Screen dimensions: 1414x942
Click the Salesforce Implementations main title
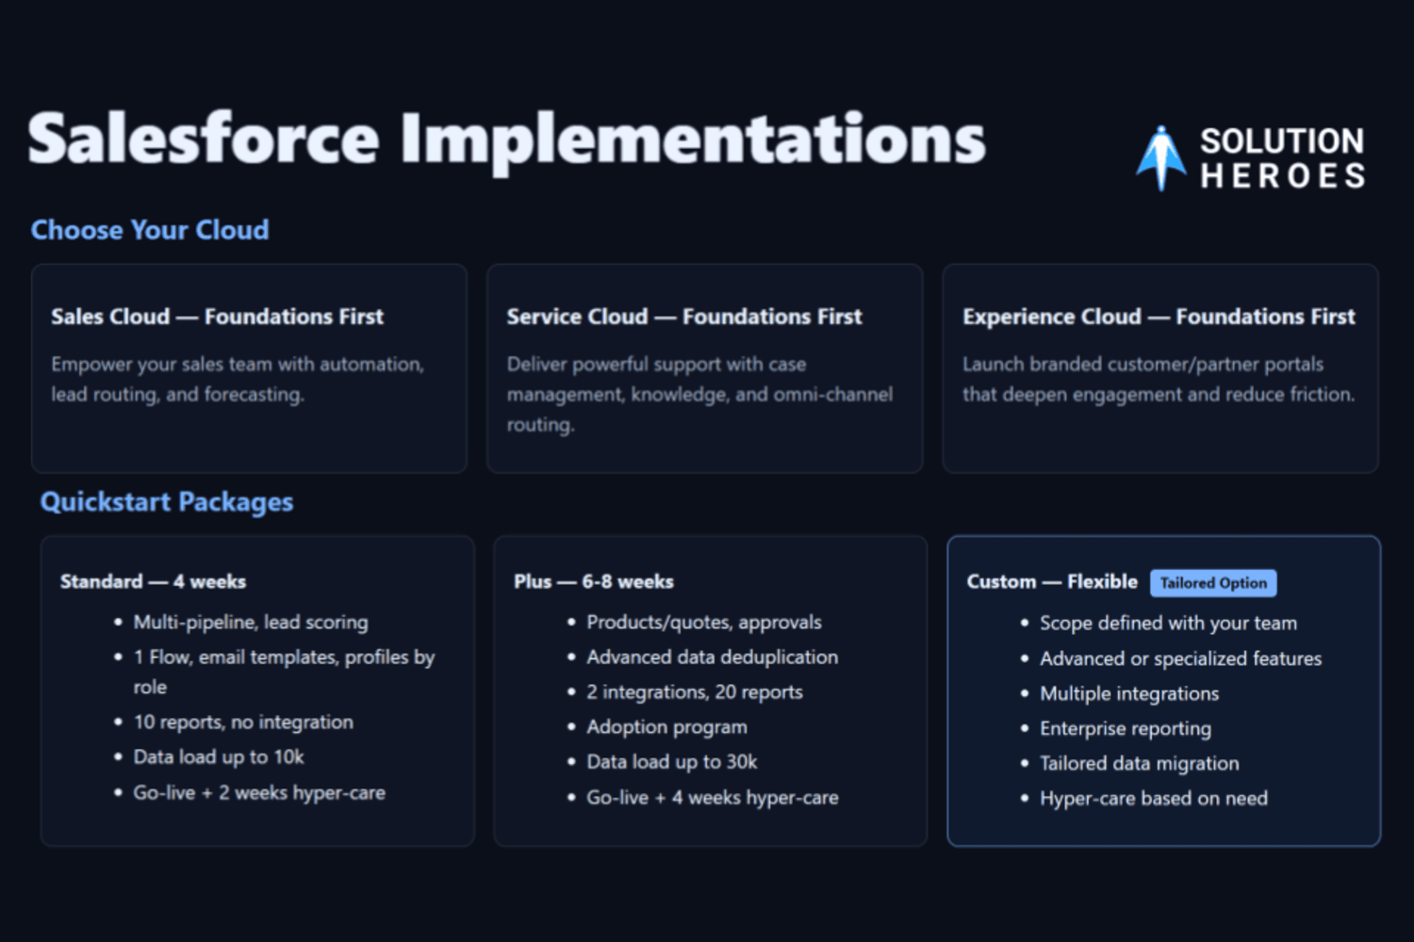[x=506, y=140]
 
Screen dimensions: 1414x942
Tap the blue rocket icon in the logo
[x=1160, y=158]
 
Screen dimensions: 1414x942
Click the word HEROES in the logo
[x=1282, y=175]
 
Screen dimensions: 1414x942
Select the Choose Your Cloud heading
[x=150, y=230]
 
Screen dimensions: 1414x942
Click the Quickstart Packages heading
[x=167, y=502]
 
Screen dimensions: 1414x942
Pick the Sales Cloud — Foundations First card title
[x=217, y=317]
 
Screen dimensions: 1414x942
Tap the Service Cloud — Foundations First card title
[x=684, y=317]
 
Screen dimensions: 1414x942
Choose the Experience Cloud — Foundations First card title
[x=1159, y=317]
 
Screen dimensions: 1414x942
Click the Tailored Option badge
[x=1213, y=583]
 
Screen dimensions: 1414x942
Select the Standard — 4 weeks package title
[x=153, y=582]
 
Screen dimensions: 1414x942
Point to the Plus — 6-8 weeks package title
[x=593, y=582]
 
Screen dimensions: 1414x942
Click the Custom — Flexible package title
[x=1052, y=582]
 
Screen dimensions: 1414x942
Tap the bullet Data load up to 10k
[x=219, y=757]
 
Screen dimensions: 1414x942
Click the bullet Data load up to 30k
[x=671, y=762]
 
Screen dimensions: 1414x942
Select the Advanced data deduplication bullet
[x=712, y=658]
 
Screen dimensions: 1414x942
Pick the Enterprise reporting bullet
[x=1126, y=729]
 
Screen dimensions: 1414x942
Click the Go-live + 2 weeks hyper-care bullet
[x=259, y=793]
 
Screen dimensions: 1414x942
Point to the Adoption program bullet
[x=666, y=727]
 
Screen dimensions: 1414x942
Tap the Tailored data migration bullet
[x=1140, y=763]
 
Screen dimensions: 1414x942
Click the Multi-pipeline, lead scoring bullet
[x=251, y=623]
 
